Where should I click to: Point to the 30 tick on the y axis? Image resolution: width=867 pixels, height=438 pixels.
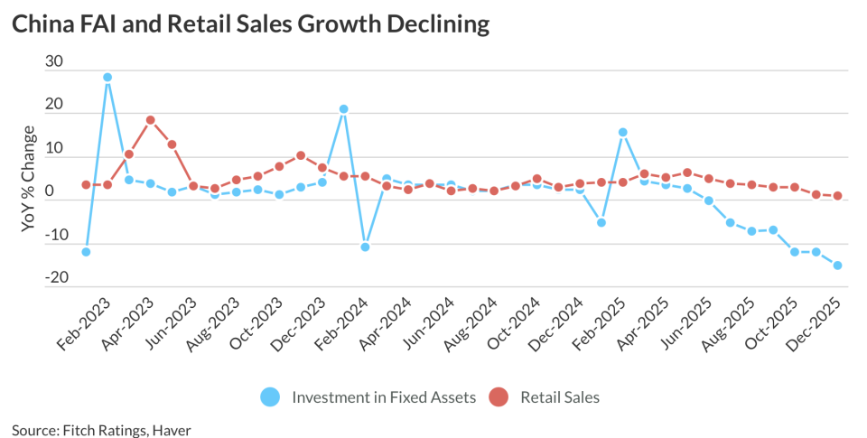[54, 61]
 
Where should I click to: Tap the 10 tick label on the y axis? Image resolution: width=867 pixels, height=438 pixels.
[54, 147]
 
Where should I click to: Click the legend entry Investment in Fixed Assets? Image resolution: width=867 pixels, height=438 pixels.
[384, 396]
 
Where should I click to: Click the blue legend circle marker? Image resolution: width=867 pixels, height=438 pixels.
[270, 396]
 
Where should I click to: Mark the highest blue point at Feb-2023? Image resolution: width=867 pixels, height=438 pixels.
[107, 78]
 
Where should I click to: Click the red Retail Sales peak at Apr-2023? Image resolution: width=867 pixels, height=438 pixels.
[151, 120]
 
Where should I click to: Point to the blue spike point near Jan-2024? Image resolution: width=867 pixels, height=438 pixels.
[344, 109]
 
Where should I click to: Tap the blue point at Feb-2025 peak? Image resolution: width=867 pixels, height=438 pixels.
[623, 133]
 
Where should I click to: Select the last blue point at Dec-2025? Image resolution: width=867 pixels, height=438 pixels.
[838, 266]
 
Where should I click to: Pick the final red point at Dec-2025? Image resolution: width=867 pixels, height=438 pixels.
[838, 196]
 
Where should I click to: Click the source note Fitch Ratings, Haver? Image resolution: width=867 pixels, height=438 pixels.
[101, 428]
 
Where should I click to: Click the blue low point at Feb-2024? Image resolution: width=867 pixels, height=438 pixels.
[365, 247]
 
